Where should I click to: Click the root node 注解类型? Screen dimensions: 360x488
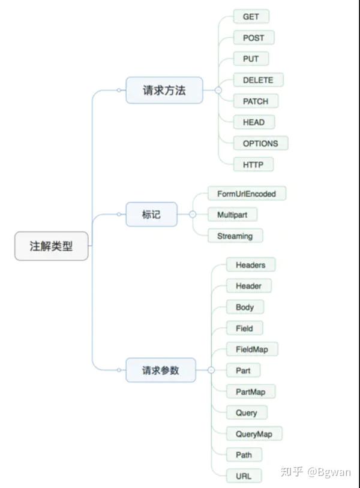point(52,246)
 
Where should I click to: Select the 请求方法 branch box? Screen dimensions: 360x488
point(164,91)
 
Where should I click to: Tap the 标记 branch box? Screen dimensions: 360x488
point(151,215)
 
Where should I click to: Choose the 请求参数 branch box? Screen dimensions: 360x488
point(161,370)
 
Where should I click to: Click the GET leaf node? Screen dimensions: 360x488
point(251,17)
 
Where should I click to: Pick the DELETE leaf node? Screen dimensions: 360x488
point(258,80)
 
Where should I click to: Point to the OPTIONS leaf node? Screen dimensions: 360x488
point(260,143)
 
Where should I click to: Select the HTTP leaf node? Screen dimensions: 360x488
point(253,164)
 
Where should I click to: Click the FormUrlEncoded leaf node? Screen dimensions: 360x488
point(247,194)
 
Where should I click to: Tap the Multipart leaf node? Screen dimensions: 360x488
point(232,215)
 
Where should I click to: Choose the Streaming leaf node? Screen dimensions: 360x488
point(235,236)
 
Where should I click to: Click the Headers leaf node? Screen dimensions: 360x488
point(251,265)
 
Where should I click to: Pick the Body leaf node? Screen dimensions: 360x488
point(245,307)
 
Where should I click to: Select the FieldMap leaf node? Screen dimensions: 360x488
point(252,349)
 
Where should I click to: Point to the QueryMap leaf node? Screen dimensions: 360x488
point(254,434)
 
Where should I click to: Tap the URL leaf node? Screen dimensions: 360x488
point(244,476)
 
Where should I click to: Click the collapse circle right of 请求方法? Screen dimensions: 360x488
point(218,91)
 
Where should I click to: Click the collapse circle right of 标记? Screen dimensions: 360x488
point(193,215)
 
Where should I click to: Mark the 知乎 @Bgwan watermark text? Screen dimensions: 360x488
point(316,472)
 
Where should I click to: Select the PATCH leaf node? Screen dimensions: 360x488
point(256,101)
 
